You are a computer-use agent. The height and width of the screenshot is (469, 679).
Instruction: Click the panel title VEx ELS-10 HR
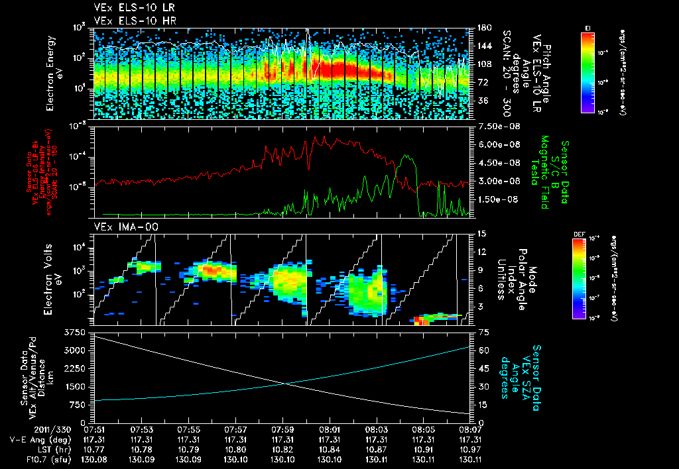click(x=129, y=21)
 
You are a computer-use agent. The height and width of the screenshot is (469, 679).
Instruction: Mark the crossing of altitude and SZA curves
click(x=286, y=384)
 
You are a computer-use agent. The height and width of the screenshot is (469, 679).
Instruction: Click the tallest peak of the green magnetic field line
click(x=406, y=157)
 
